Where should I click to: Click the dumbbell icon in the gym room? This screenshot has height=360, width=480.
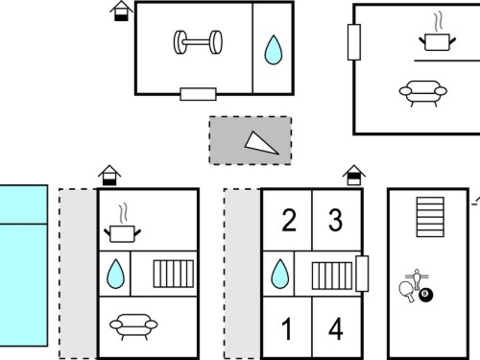(x=198, y=42)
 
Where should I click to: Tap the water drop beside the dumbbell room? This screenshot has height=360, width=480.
(x=274, y=50)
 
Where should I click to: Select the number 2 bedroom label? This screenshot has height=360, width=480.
(x=289, y=220)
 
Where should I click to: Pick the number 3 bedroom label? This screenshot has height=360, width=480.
(x=336, y=220)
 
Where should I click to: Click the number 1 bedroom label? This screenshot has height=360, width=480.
(x=287, y=329)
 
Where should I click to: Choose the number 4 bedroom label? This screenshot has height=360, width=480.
(x=336, y=329)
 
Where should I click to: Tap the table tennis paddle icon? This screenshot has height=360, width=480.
(x=407, y=292)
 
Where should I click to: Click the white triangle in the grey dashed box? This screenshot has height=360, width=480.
(x=261, y=143)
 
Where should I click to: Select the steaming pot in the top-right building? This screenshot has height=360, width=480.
(x=438, y=36)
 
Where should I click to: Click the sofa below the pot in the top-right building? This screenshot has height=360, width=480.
(x=422, y=93)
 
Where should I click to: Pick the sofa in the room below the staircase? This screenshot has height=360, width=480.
(x=133, y=326)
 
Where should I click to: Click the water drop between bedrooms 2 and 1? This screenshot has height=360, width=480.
(x=280, y=274)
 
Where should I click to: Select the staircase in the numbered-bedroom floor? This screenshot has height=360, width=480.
(x=332, y=276)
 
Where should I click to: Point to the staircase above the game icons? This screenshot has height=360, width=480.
(x=430, y=217)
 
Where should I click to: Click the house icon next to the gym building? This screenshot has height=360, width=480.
(x=121, y=12)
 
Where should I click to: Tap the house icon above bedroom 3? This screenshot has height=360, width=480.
(x=354, y=175)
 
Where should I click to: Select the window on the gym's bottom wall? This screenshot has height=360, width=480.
(x=198, y=94)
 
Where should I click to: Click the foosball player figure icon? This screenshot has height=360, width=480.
(x=417, y=278)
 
